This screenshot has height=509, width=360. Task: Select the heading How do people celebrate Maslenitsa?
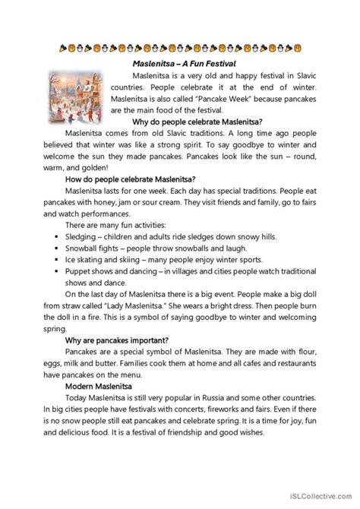point(125,179)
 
